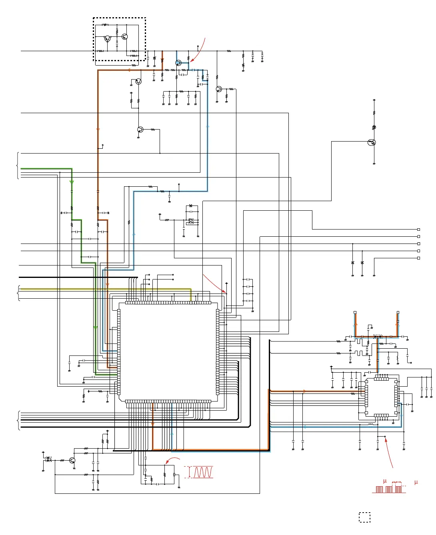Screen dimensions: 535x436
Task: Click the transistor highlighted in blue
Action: click(178, 63)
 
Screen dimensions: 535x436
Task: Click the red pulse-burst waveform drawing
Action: click(388, 489)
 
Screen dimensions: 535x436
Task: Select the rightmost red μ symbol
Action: click(416, 482)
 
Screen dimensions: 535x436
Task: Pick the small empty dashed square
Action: click(364, 517)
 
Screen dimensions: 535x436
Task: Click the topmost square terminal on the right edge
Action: click(418, 230)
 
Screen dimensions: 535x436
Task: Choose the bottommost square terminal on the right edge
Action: click(418, 258)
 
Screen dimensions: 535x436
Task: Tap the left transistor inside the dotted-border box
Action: click(107, 38)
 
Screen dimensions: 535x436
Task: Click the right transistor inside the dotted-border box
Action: click(124, 37)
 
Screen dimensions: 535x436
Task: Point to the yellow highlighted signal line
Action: click(104, 289)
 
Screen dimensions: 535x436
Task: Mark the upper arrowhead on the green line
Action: click(72, 182)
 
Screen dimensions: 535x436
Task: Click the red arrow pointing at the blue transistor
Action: click(198, 50)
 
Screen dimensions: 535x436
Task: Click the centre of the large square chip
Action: click(168, 352)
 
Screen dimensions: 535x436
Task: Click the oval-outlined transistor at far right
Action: click(372, 143)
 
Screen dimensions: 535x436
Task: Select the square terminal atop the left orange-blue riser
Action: click(355, 312)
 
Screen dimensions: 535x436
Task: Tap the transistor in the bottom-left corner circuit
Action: click(72, 460)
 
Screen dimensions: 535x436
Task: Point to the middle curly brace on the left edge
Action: click(18, 293)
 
